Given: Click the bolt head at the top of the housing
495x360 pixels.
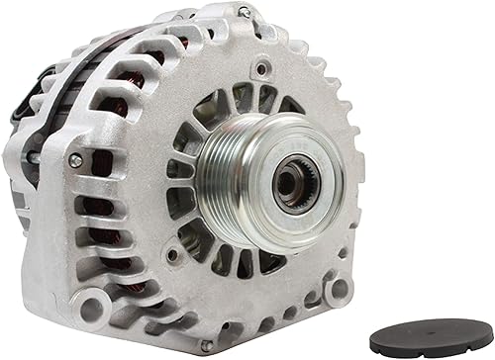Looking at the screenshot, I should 244,13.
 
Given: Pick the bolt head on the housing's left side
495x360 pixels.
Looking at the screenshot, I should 75,160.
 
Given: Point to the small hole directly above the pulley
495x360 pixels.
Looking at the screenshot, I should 261,71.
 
